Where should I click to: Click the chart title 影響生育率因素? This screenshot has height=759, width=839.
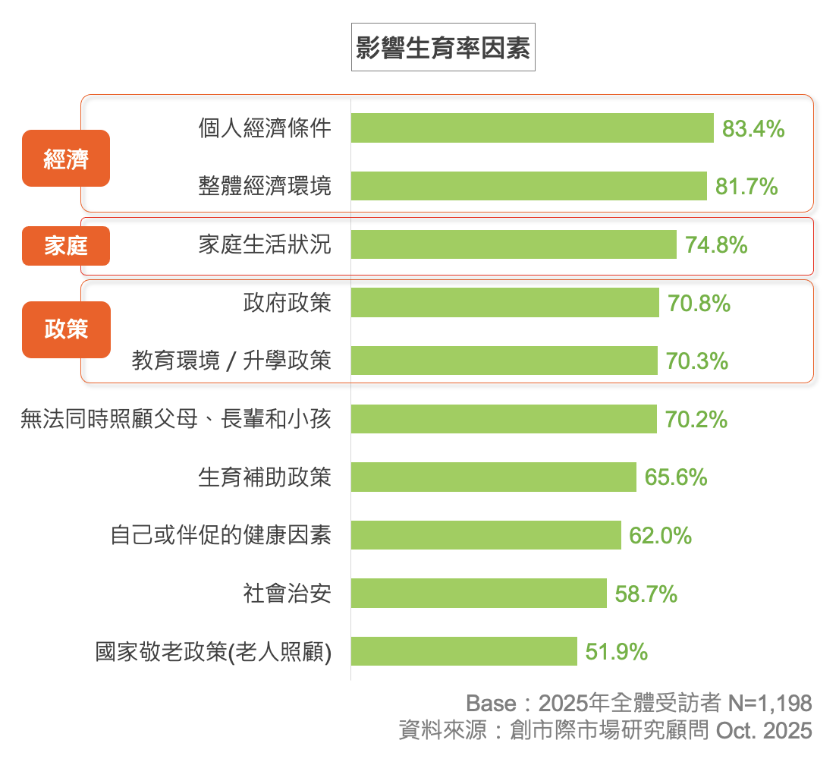click(x=443, y=48)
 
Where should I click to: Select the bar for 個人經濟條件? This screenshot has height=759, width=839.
click(x=532, y=128)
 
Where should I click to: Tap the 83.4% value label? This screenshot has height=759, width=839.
click(x=753, y=129)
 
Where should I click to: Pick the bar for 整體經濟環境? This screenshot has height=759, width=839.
click(x=529, y=186)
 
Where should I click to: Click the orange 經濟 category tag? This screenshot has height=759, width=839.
click(x=66, y=159)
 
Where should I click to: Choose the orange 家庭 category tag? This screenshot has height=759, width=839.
click(x=66, y=246)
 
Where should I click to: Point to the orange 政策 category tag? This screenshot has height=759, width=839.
click(x=66, y=329)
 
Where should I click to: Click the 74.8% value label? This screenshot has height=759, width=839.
click(x=716, y=245)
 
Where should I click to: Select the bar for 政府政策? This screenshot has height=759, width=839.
click(x=504, y=303)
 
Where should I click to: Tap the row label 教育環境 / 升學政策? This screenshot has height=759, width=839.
click(x=231, y=361)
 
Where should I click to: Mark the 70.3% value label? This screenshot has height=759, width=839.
click(x=696, y=361)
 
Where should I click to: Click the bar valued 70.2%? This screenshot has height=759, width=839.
click(x=504, y=419)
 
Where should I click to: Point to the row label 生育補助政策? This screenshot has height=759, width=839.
click(x=265, y=477)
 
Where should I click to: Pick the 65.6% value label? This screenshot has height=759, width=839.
click(x=675, y=477)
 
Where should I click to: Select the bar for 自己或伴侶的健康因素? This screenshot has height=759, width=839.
click(x=485, y=535)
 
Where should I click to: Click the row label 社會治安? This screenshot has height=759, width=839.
click(x=287, y=593)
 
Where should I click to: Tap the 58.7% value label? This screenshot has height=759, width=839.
click(x=646, y=594)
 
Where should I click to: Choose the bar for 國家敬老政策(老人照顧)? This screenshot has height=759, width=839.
click(x=463, y=651)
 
